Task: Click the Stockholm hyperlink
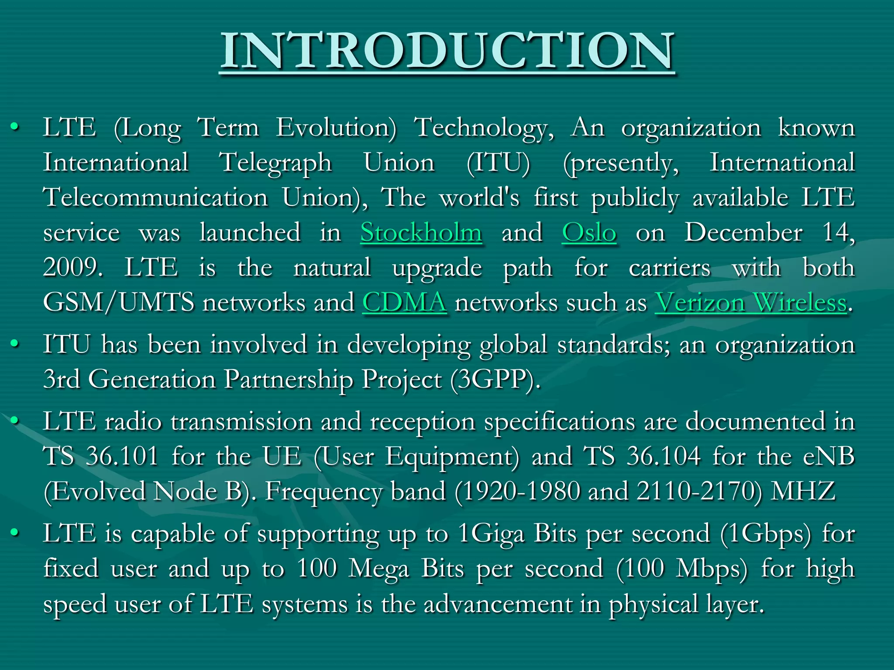pos(421,232)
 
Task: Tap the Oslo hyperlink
pos(589,232)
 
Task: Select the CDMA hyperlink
pos(404,302)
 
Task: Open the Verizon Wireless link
pos(750,302)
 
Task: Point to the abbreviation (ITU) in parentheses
pos(498,163)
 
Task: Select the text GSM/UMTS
pos(119,302)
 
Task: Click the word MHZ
pos(803,491)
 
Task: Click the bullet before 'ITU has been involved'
pos(15,344)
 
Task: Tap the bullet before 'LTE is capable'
pos(15,533)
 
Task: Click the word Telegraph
pos(275,163)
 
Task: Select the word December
pos(743,232)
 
